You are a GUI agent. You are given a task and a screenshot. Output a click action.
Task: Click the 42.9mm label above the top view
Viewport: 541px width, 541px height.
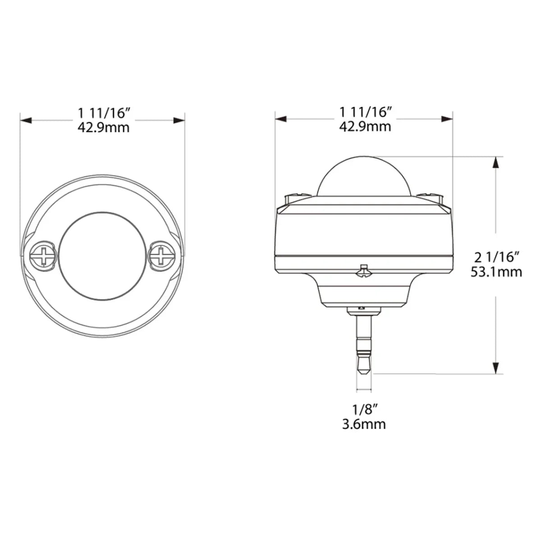coord(103,128)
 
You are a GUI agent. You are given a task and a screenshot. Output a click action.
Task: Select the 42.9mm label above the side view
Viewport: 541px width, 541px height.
coord(365,126)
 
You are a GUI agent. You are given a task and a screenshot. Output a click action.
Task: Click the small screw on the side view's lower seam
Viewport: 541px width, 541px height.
coord(363,272)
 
